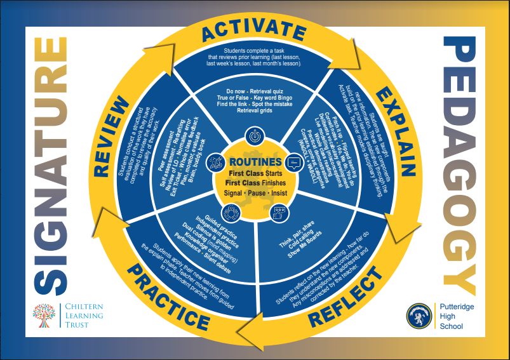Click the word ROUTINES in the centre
pyautogui.click(x=254, y=163)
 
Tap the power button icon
pyautogui.click(x=254, y=136)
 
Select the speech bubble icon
pyautogui.click(x=293, y=163)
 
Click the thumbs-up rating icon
pyautogui.click(x=278, y=211)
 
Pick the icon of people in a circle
pyautogui.click(x=230, y=212)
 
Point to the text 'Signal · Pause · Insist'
pyautogui.click(x=254, y=193)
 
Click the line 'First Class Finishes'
pyautogui.click(x=254, y=183)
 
